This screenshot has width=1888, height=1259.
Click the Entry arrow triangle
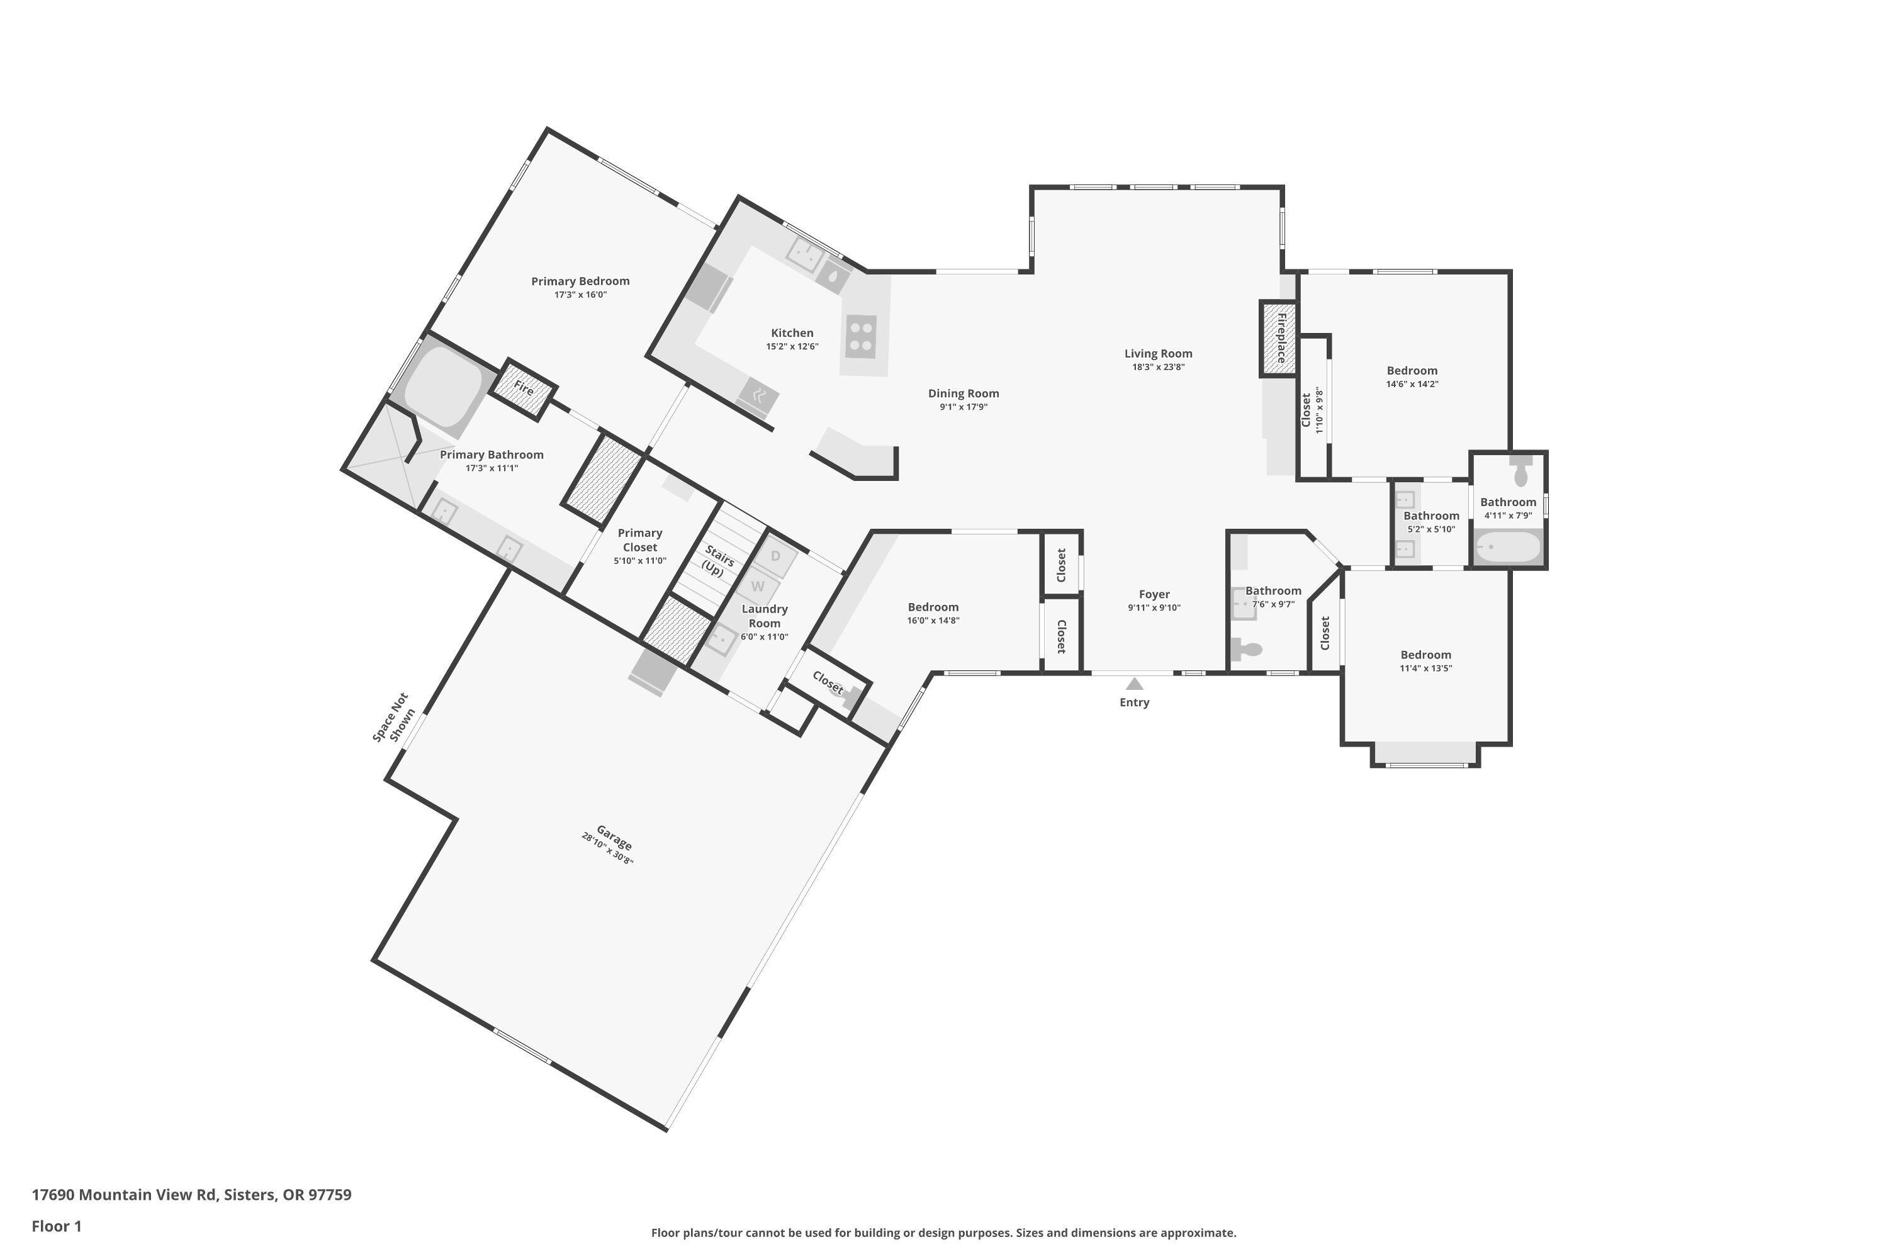[1133, 684]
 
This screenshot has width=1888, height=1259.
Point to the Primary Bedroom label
[580, 281]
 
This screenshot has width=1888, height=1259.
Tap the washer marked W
[757, 587]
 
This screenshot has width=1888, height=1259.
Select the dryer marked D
[775, 556]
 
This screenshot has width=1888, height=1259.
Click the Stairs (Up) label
[716, 560]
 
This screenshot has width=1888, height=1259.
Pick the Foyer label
[1154, 594]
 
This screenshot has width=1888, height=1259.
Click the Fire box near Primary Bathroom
[524, 388]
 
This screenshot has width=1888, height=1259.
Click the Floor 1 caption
[56, 1226]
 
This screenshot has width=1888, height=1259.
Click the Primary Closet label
[640, 539]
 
